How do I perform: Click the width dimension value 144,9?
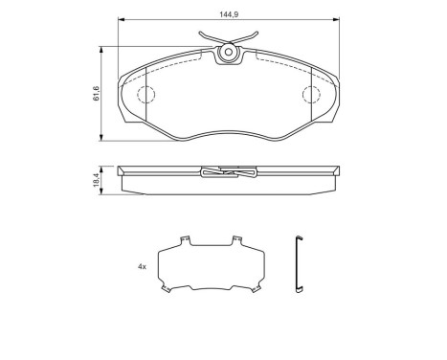(x=228, y=14)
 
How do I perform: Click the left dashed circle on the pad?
(x=145, y=95)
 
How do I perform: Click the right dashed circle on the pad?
(x=311, y=95)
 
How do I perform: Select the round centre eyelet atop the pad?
(x=229, y=55)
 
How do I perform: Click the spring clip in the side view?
(x=229, y=173)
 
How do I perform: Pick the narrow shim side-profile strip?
(x=299, y=264)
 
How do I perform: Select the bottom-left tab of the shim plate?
(x=166, y=288)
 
